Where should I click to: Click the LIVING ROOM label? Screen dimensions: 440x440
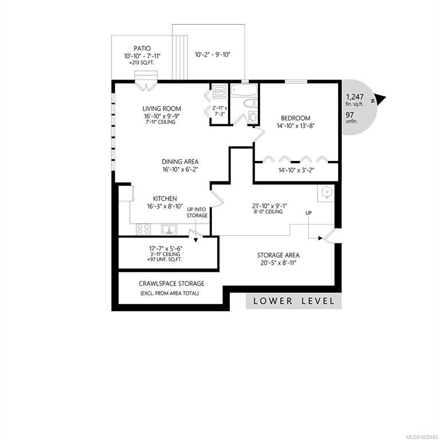(162, 109)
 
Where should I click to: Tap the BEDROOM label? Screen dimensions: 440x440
(296, 118)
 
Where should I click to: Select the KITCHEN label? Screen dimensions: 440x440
(165, 199)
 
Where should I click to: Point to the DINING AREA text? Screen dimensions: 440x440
(180, 162)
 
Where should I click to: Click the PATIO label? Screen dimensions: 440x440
(142, 49)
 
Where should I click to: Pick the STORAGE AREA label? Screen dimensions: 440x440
(278, 256)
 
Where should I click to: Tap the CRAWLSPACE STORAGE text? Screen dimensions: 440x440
(171, 284)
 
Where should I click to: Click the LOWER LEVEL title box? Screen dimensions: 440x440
(293, 301)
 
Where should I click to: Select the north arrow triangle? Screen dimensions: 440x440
(381, 99)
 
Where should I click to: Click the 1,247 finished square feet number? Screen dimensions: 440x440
(355, 97)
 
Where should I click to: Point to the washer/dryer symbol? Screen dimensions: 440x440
(219, 91)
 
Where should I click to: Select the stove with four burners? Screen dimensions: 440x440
(143, 229)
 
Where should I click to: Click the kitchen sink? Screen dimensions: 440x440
(169, 229)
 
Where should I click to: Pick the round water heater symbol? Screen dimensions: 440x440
(327, 192)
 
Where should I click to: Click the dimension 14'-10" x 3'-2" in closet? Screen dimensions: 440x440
(296, 170)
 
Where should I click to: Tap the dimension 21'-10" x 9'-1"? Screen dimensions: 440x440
(269, 206)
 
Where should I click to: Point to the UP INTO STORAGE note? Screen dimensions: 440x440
(197, 213)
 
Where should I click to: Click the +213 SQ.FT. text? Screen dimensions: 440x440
(142, 63)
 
